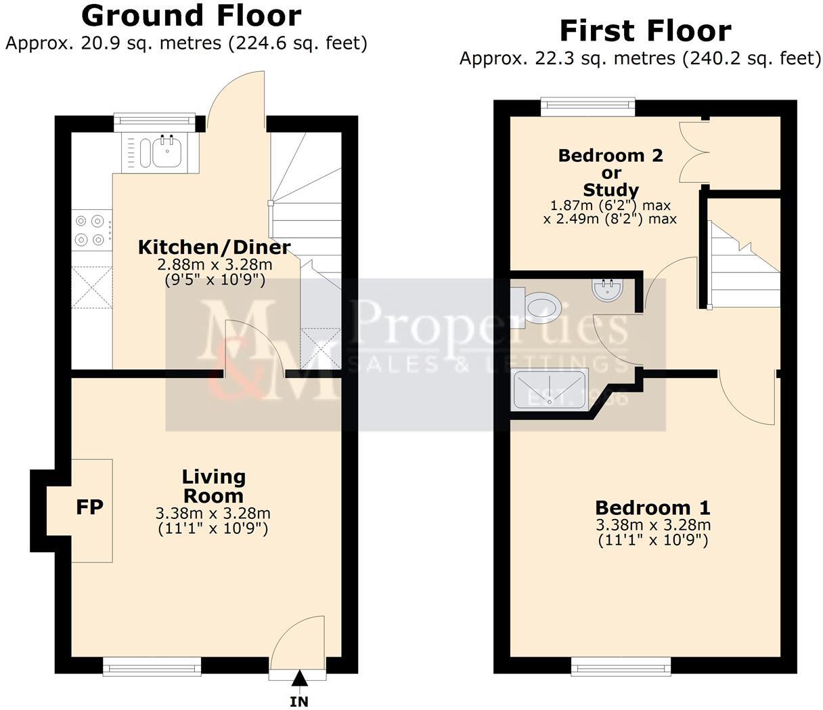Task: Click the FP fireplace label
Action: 89,507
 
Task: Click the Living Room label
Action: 214,486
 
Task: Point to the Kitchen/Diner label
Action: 214,247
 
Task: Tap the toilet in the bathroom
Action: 541,306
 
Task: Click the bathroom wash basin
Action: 605,291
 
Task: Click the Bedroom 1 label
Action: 652,507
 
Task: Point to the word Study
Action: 610,190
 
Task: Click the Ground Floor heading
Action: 191,15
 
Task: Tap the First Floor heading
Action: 644,31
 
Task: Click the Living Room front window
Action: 152,667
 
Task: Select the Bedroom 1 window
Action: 621,667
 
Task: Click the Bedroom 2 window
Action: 587,107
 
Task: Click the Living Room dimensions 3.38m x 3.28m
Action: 213,514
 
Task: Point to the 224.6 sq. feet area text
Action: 298,43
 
